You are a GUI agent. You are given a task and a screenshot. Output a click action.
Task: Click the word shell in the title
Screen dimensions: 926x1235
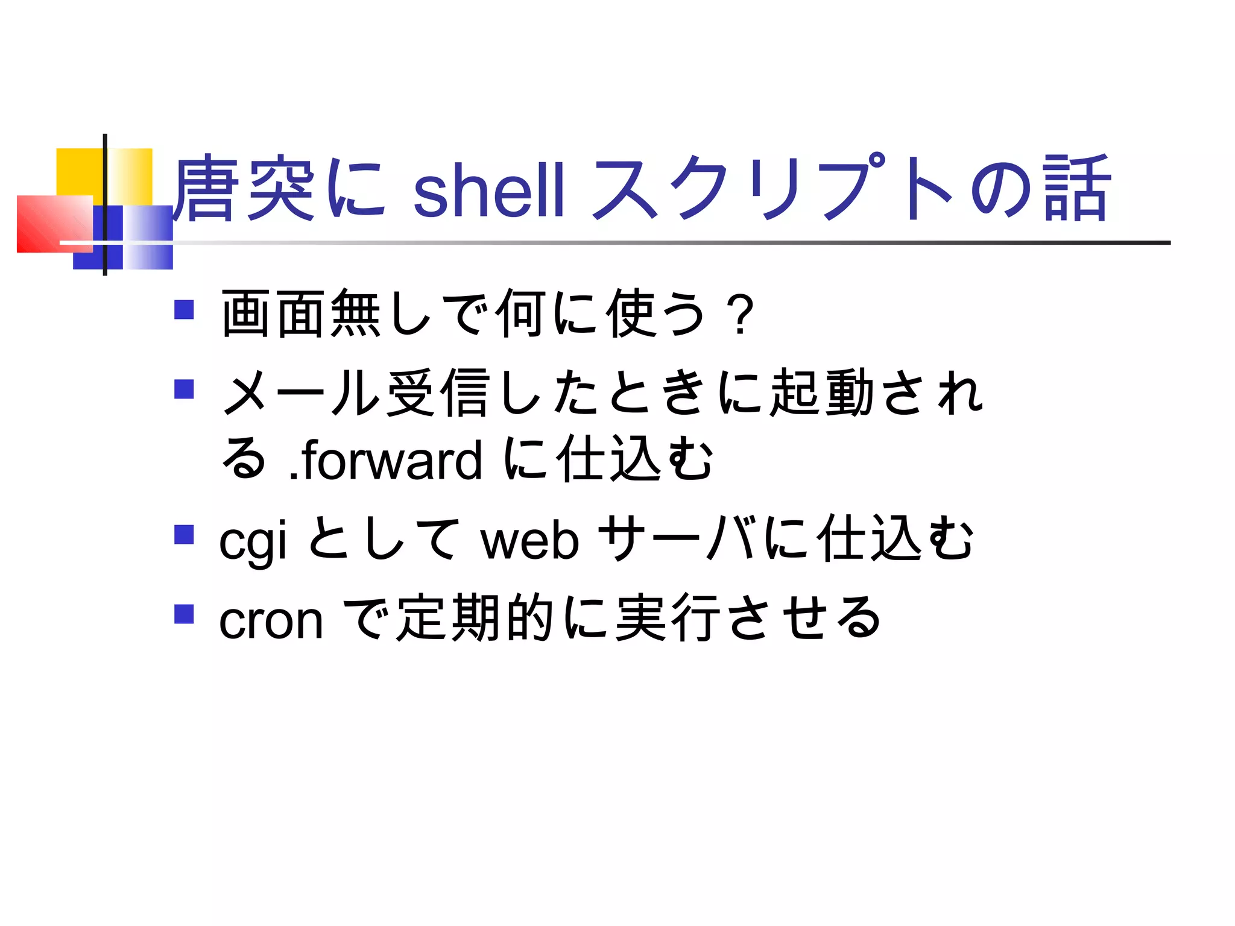pyautogui.click(x=488, y=190)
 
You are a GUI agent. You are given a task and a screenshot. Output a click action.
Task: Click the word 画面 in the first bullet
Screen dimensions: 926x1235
pyautogui.click(x=274, y=313)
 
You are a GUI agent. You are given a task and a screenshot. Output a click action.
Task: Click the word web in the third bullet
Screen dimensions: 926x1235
pyautogui.click(x=529, y=540)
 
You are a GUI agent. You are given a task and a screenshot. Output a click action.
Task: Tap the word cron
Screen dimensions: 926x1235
pyautogui.click(x=271, y=620)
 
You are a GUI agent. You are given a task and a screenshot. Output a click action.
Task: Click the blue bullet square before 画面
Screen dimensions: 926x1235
pyautogui.click(x=184, y=310)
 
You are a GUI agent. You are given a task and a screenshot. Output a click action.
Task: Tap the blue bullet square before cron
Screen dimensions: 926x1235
pyautogui.click(x=184, y=614)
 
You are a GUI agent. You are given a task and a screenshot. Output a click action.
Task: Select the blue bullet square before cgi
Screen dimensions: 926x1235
pyautogui.click(x=184, y=535)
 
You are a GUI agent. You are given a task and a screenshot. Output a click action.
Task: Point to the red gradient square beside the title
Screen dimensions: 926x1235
pyautogui.click(x=51, y=223)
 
